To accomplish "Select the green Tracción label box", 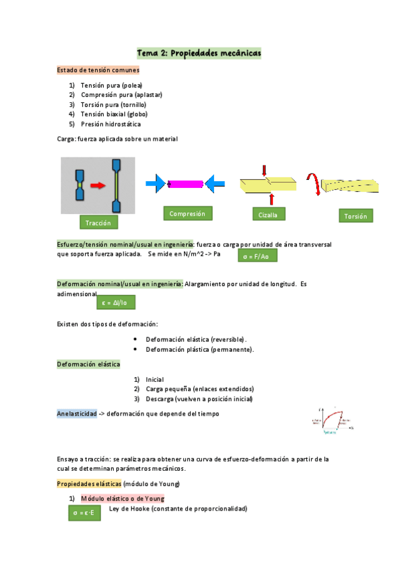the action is (98, 222).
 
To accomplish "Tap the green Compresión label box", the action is (187, 213).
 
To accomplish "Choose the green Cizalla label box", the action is (268, 214).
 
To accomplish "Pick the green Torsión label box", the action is (355, 216).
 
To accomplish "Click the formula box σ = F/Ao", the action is (257, 256).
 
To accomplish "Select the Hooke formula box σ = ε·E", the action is (84, 513).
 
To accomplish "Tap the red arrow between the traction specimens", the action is (98, 186).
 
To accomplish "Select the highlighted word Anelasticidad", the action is (77, 413).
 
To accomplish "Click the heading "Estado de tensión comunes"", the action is (98, 70).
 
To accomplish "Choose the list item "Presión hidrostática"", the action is (110, 124).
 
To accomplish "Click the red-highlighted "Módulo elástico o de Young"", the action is (122, 498).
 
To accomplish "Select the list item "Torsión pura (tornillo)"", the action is (113, 105).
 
